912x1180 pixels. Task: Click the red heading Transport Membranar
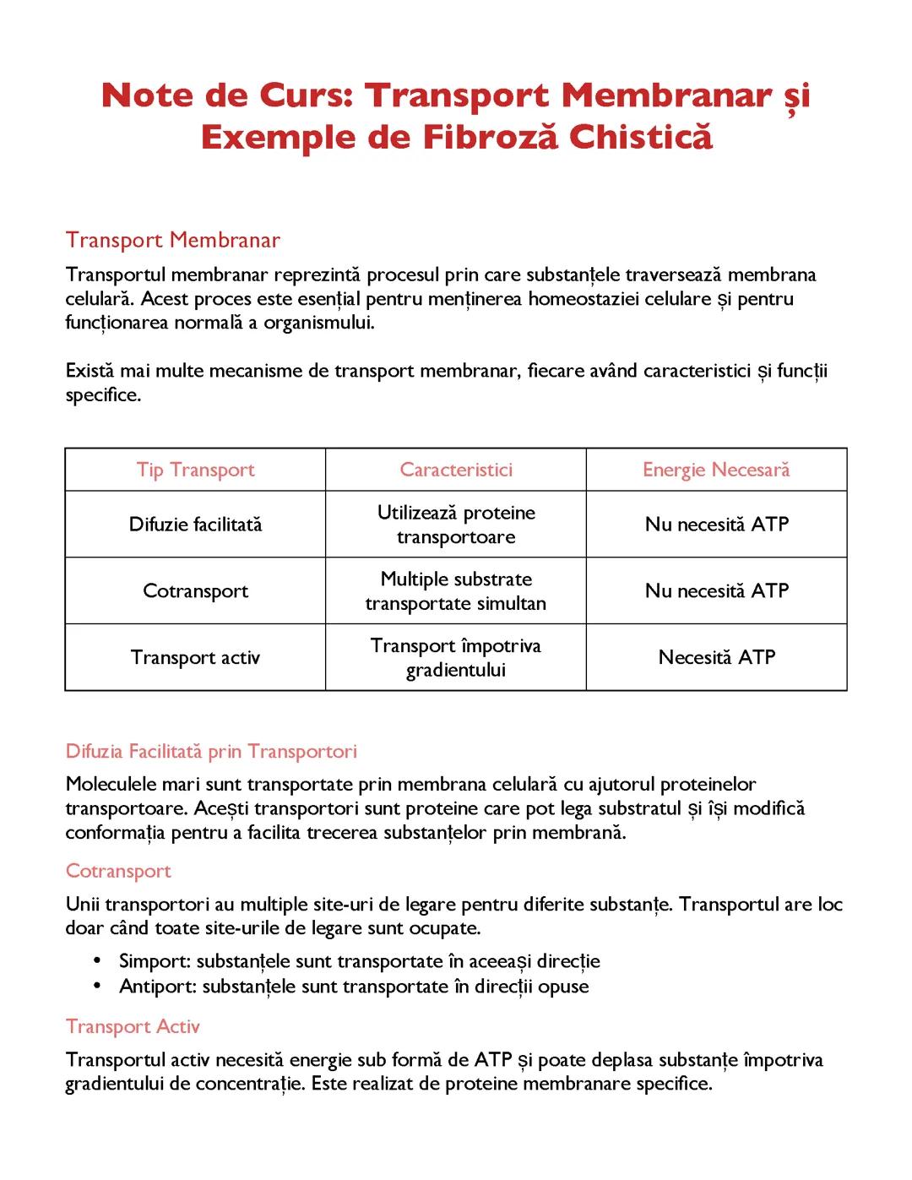click(x=172, y=240)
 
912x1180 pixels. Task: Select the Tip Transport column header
click(x=195, y=470)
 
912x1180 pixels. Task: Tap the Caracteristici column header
click(x=456, y=470)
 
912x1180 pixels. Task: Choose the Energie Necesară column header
click(x=716, y=470)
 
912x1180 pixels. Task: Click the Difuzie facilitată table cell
click(x=195, y=525)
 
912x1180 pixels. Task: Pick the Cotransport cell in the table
click(x=195, y=590)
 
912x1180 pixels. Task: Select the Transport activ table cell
click(x=195, y=657)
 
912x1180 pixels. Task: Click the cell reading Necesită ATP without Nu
click(x=716, y=657)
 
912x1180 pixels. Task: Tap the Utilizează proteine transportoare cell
click(x=456, y=525)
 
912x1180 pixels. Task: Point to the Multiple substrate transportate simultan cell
click(x=456, y=591)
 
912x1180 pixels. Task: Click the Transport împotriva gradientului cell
click(x=456, y=657)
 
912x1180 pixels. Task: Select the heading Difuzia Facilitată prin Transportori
click(x=211, y=751)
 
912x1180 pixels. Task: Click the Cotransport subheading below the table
click(x=118, y=871)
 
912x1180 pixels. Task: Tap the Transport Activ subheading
click(x=133, y=1026)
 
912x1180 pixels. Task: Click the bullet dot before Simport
click(x=98, y=961)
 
